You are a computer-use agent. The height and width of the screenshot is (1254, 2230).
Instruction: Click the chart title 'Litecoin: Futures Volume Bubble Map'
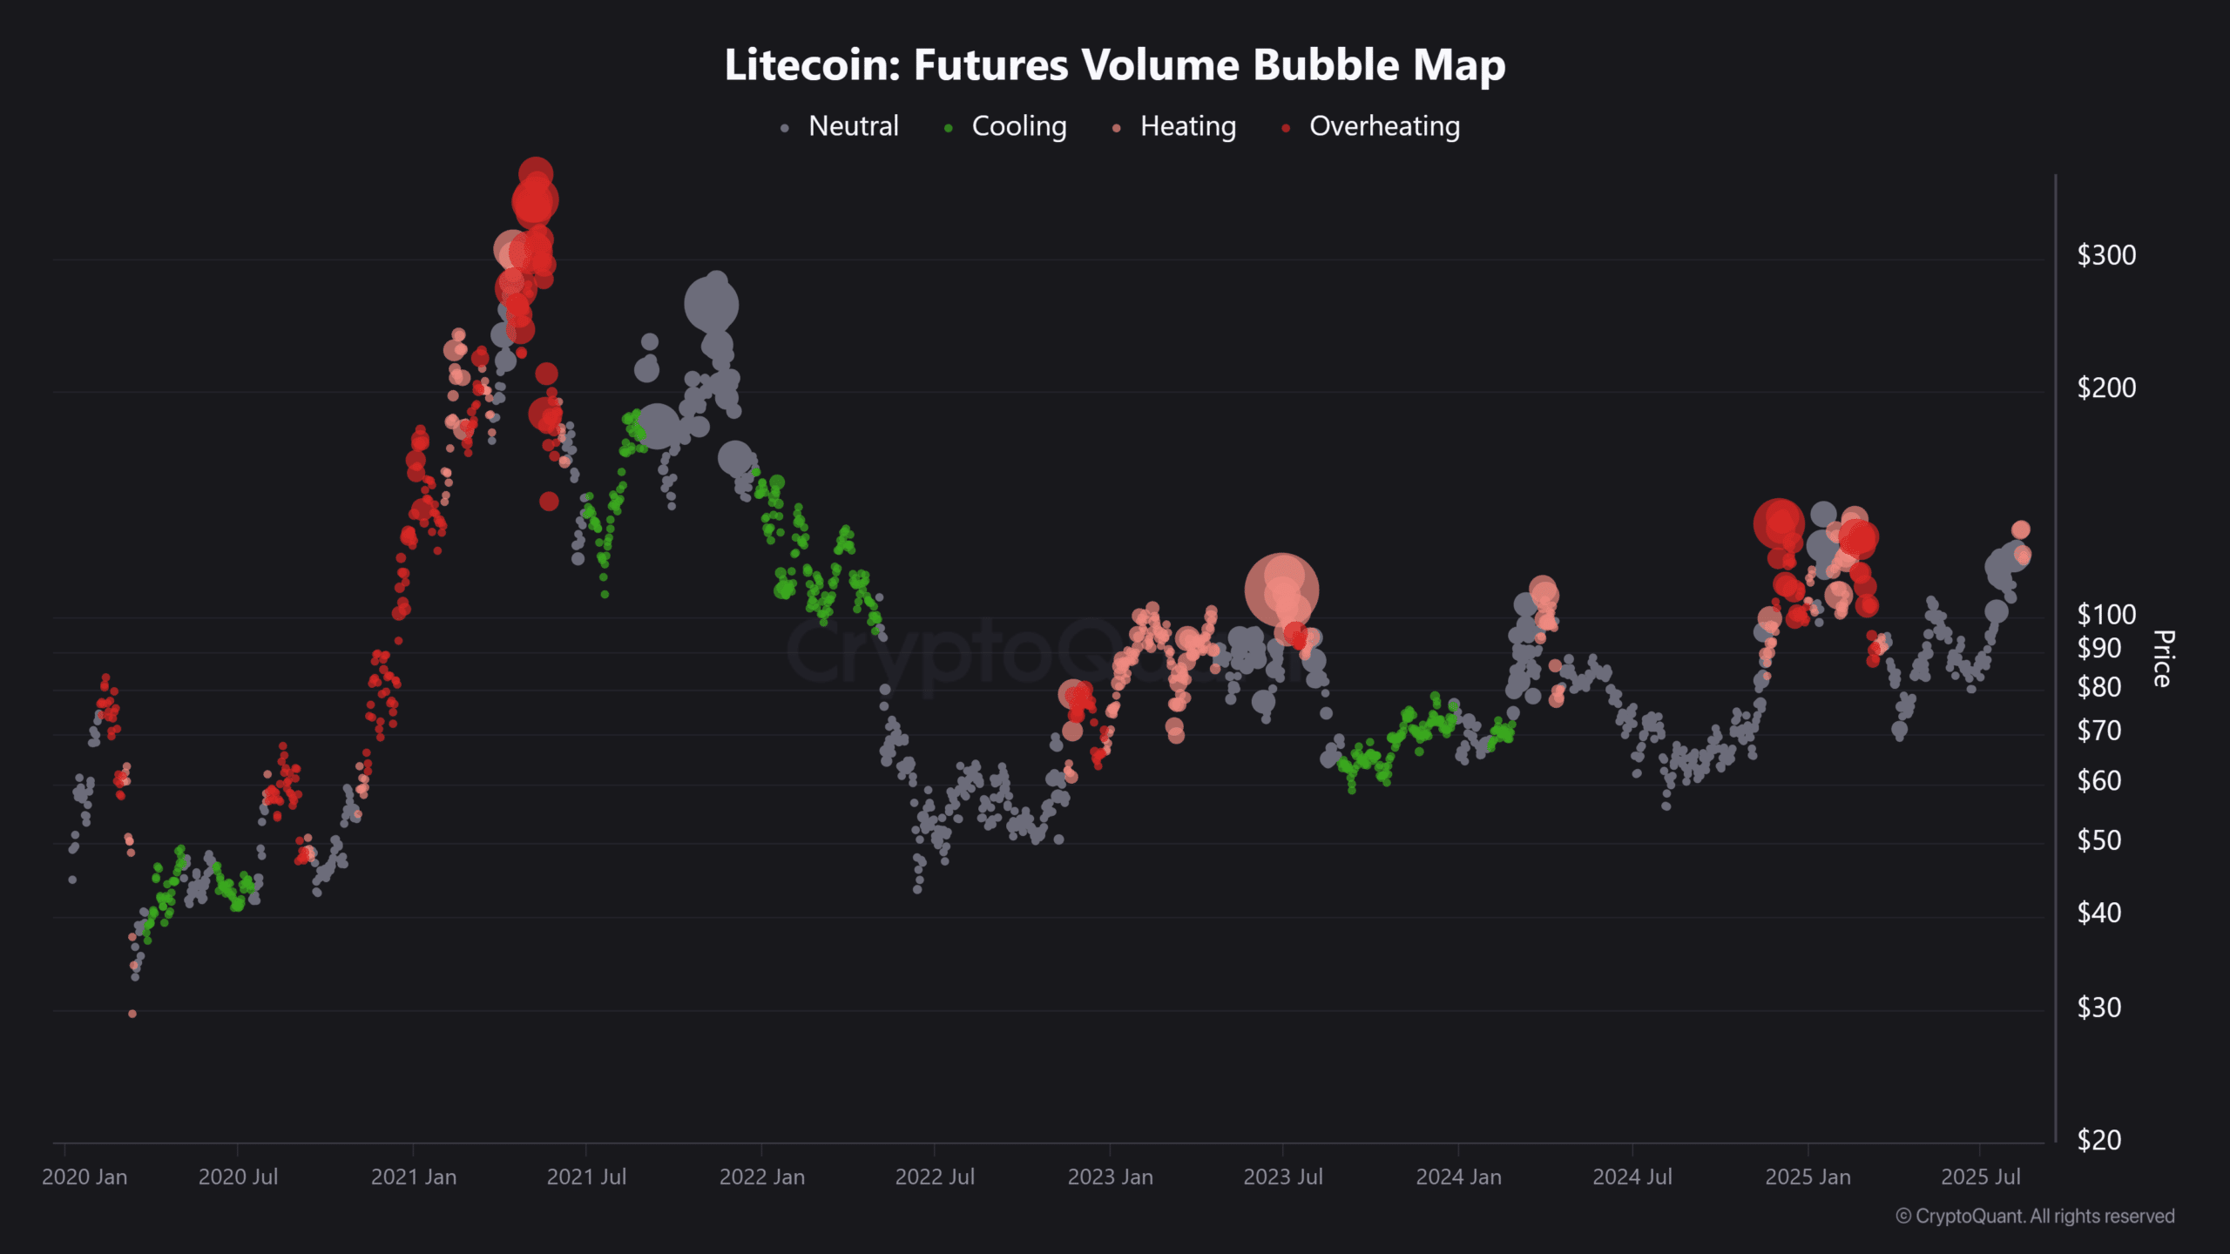(1115, 65)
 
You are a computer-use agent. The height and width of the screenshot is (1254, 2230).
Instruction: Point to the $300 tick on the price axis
(2106, 255)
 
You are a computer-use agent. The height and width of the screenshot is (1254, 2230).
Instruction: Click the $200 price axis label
(2106, 388)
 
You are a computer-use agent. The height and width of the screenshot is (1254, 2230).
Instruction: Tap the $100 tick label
(2106, 615)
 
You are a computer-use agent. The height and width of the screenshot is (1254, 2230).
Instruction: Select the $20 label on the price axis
(2099, 1140)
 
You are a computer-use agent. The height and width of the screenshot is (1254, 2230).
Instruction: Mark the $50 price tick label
(2099, 840)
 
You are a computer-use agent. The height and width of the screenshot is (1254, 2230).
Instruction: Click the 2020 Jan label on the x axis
(84, 1177)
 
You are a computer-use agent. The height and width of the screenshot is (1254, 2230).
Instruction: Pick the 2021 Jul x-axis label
(586, 1177)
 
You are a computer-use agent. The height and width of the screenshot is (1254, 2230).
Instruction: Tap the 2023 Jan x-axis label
(1111, 1177)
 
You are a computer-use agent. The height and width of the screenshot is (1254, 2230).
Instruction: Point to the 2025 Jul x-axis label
(1981, 1177)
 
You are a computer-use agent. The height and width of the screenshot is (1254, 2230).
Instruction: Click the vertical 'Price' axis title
(2162, 658)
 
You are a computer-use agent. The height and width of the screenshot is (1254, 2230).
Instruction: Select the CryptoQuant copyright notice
(2035, 1217)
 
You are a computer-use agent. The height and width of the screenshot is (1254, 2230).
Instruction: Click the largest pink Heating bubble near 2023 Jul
(1281, 590)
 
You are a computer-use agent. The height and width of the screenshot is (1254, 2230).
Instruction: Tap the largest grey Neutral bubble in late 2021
(712, 306)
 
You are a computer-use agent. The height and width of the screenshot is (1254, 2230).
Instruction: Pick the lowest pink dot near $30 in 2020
(132, 1014)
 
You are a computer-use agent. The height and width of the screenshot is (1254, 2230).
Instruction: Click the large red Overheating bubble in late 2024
(1779, 524)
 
